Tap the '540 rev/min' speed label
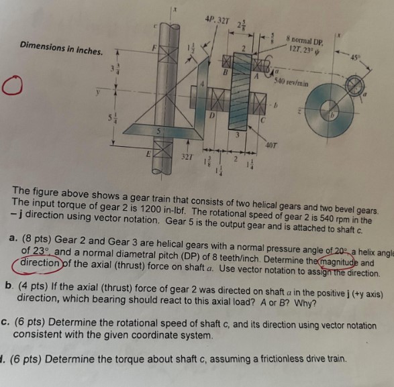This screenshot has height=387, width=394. (290, 82)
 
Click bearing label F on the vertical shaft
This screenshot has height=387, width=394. (154, 48)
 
